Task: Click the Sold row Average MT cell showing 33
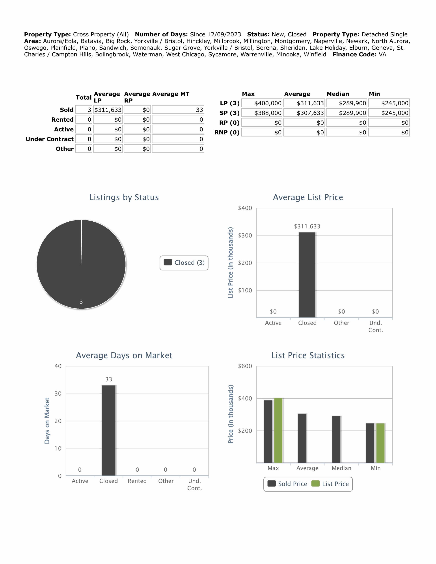click(x=178, y=110)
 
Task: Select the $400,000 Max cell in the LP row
click(x=262, y=103)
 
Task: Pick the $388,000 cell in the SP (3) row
click(x=262, y=113)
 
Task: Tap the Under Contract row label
click(x=50, y=139)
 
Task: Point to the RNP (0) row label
click(x=227, y=132)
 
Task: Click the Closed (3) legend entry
click(x=184, y=263)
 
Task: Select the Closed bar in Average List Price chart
click(x=307, y=275)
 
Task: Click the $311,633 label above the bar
click(x=307, y=226)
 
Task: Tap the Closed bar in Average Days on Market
click(x=108, y=430)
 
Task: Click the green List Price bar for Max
click(x=278, y=430)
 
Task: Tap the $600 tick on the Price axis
click(x=245, y=366)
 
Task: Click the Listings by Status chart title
click(x=124, y=197)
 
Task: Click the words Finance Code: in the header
click(x=354, y=54)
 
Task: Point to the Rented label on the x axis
click(x=137, y=481)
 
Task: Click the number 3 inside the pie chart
click(x=81, y=302)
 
